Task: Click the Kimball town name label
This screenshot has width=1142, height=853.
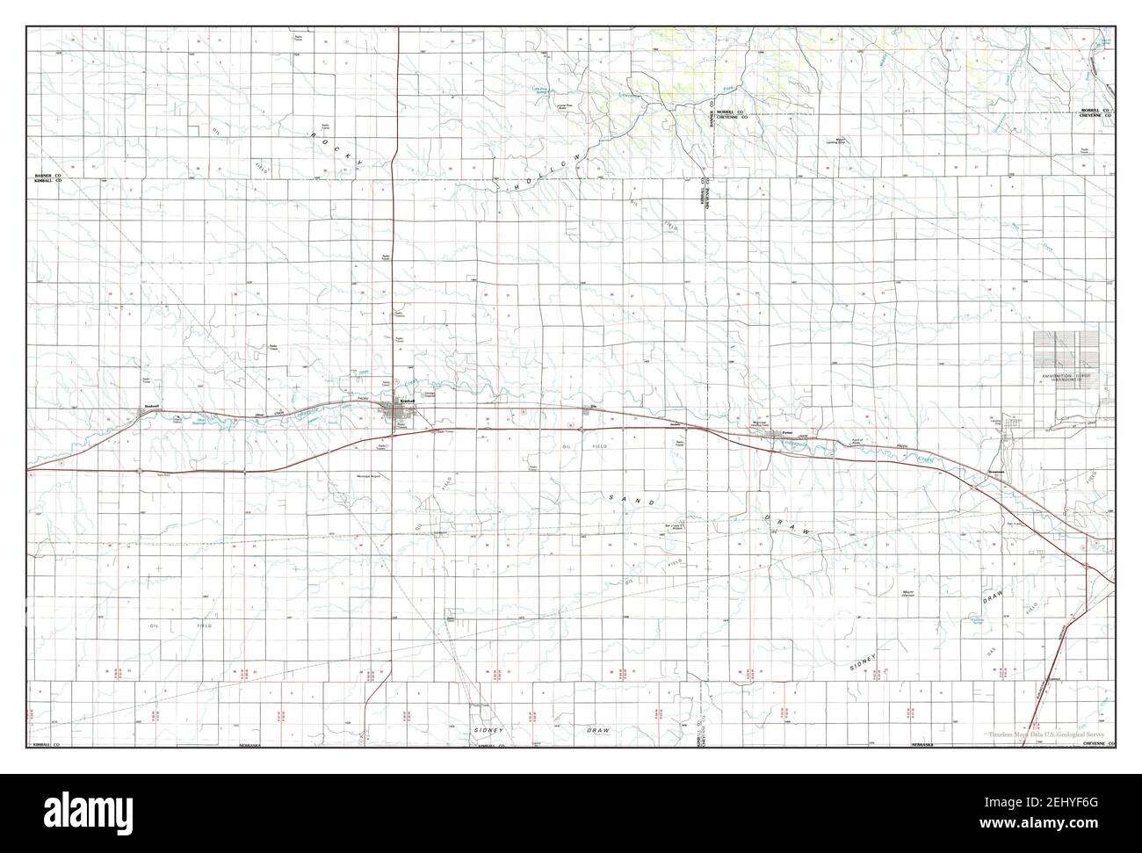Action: tap(406, 401)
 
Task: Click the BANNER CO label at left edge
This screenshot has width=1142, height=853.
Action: tap(47, 176)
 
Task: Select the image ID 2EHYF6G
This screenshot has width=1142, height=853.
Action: tap(1066, 806)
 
